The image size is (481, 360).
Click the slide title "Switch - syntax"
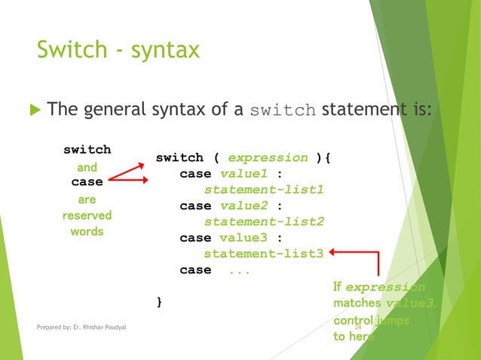point(118,50)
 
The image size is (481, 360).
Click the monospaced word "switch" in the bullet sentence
point(283,111)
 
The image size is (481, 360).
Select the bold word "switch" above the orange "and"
point(87,149)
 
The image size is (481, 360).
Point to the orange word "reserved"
point(87,215)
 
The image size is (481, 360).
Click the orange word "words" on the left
point(87,231)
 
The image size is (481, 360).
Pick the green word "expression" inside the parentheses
point(268,157)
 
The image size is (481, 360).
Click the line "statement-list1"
point(264,190)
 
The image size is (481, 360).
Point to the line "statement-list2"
point(264,221)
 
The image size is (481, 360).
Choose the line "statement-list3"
point(264,254)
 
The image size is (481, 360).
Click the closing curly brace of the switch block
point(158,302)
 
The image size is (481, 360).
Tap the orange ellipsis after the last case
point(239,270)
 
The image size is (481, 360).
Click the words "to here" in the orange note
point(353,337)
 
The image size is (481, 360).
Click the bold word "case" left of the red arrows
point(87,182)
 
